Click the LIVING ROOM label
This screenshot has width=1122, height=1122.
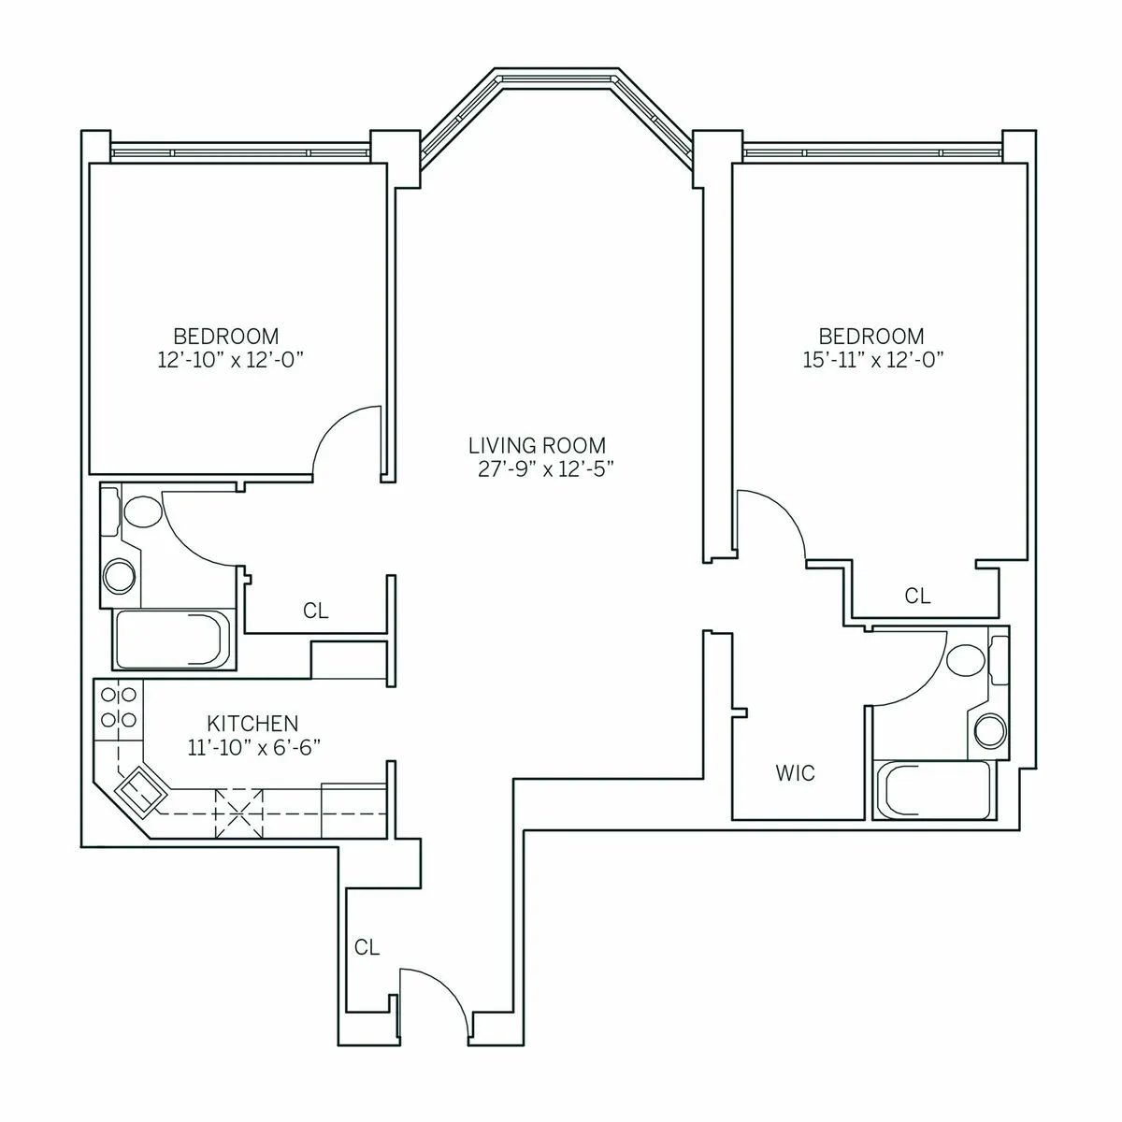coord(537,446)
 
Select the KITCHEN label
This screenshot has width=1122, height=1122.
coord(252,723)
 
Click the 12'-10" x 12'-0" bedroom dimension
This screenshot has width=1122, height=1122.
coord(225,360)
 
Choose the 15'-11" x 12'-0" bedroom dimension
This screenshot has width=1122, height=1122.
coord(871,360)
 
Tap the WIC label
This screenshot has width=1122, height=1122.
coord(795,773)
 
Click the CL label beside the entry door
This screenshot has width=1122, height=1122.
coord(367,947)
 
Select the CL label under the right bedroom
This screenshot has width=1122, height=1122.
coord(918,596)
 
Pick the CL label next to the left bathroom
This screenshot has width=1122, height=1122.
coord(316,611)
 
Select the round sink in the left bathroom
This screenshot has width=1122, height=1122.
coord(121,575)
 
